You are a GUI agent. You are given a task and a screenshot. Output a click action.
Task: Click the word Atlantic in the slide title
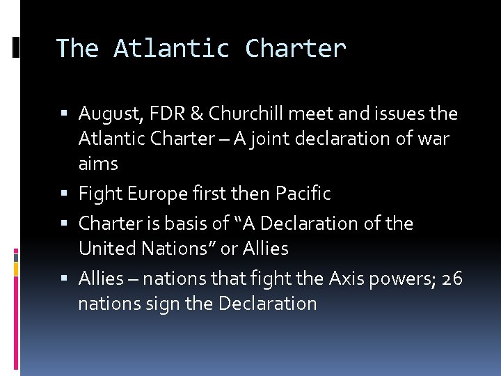(x=172, y=49)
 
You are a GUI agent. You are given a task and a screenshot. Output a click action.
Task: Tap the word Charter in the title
(x=295, y=49)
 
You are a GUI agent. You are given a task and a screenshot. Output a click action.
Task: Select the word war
(x=434, y=139)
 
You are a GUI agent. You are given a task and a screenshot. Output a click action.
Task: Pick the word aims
(x=98, y=164)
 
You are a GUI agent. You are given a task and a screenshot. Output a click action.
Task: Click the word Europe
(x=156, y=193)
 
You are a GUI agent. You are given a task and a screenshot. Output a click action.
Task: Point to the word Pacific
(x=303, y=193)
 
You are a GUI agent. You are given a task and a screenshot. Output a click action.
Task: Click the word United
(x=106, y=249)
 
